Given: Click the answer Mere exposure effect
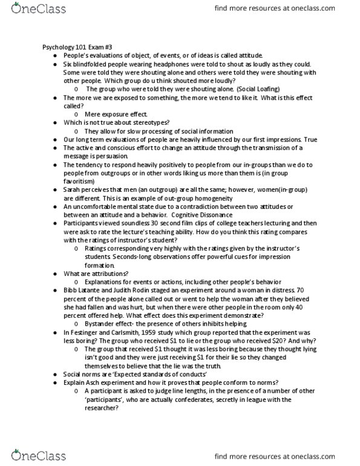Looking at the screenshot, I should [111, 114].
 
